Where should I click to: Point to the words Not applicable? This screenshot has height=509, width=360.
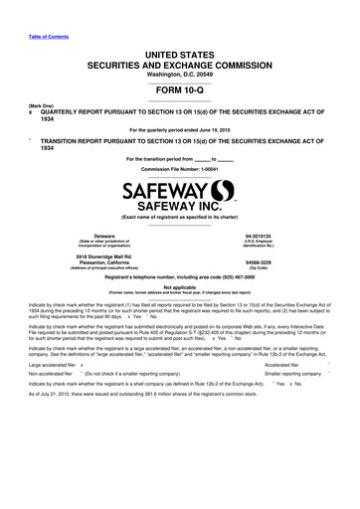179,286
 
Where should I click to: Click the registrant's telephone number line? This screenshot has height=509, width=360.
179,277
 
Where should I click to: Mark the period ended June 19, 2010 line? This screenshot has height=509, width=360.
179,130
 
